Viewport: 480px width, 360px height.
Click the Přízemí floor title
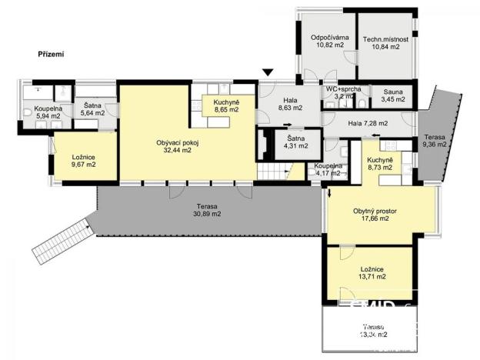click(51, 55)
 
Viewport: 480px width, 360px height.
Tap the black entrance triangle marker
click(268, 72)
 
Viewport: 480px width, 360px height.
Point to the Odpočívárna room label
click(330, 38)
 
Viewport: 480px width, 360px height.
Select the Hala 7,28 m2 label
click(368, 123)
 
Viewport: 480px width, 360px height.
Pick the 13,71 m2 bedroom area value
click(370, 275)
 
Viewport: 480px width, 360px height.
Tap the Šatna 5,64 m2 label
click(92, 109)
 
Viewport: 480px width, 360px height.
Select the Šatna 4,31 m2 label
click(295, 142)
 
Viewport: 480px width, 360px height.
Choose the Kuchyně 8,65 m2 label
click(225, 105)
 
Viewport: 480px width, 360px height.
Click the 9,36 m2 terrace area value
click(435, 143)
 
